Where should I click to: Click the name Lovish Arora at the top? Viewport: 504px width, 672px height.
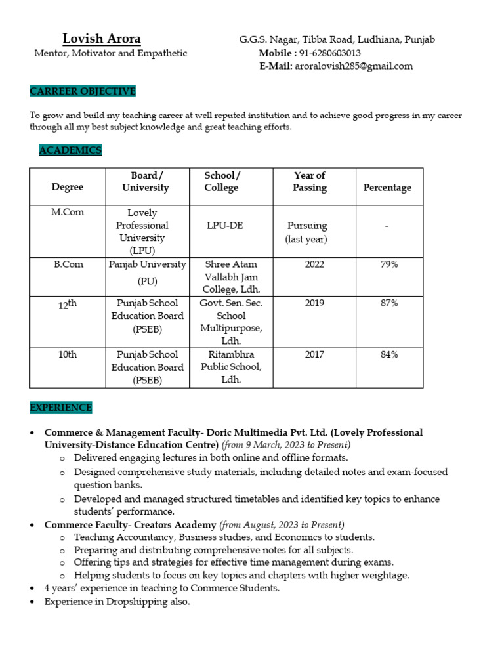tap(101, 39)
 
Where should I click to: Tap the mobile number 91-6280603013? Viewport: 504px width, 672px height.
tap(329, 53)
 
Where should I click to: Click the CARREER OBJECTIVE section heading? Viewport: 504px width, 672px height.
tap(83, 91)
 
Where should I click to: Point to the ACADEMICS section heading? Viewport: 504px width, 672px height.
tap(70, 150)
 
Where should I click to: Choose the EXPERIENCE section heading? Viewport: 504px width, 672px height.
tap(61, 408)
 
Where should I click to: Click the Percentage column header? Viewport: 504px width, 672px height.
tap(387, 188)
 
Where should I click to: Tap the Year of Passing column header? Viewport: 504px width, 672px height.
tap(309, 181)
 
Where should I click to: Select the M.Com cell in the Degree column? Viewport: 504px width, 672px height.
tap(68, 212)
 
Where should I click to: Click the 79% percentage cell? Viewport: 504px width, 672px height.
tap(389, 264)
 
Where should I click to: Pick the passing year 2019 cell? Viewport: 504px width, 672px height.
tap(314, 303)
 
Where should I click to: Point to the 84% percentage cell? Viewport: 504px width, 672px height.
tap(389, 354)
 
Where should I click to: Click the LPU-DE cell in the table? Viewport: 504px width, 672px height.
tap(224, 225)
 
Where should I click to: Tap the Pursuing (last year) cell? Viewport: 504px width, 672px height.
tap(306, 232)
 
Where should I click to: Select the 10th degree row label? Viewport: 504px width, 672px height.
tap(68, 354)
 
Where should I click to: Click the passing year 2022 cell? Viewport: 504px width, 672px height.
tap(314, 264)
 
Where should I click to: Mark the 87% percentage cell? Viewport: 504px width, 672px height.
tap(389, 303)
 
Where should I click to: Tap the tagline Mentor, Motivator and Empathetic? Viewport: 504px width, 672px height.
tap(110, 53)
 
